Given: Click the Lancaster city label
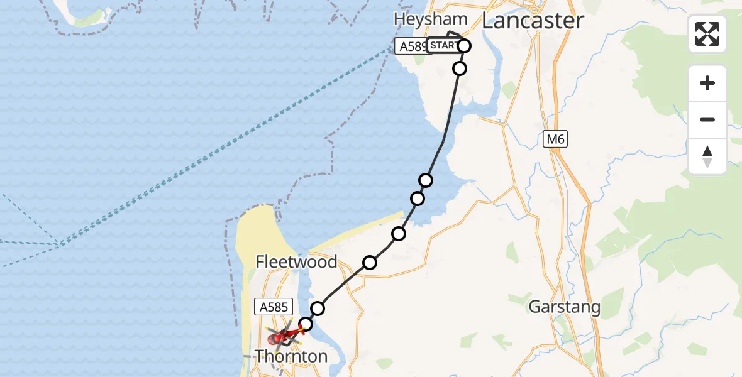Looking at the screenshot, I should tap(533, 21).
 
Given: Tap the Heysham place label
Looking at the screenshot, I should tap(431, 19).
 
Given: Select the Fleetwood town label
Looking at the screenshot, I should tap(297, 261).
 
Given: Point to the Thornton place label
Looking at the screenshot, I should tap(291, 356).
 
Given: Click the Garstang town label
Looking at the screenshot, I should tap(565, 307).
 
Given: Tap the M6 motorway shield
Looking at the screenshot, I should tap(556, 139).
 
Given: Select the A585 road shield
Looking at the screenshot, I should tap(274, 307).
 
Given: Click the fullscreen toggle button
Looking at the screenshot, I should tap(707, 34).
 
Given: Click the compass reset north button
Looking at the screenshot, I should tap(707, 156).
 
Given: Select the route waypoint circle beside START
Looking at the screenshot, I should tap(465, 45).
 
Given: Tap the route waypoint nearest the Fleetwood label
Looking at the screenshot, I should tap(370, 263).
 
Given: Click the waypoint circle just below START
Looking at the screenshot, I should tap(460, 68).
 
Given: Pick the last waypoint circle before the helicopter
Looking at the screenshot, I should tap(306, 324).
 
